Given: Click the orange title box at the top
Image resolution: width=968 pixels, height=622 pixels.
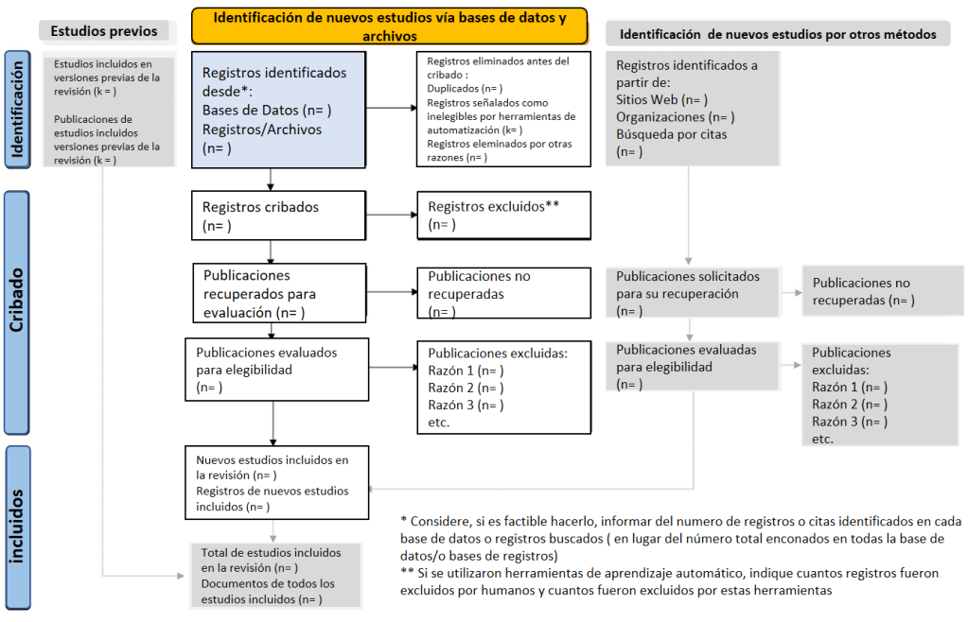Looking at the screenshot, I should [389, 26].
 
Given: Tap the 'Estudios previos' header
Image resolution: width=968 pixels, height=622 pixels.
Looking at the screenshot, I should [104, 30].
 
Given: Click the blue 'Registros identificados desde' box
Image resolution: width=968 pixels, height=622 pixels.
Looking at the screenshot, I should [277, 109].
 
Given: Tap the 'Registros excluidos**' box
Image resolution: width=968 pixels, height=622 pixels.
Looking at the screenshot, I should [503, 215].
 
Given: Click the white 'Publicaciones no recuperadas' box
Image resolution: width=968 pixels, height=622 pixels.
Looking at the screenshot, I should [503, 293].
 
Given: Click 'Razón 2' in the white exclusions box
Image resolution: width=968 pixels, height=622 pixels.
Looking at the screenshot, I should [466, 388].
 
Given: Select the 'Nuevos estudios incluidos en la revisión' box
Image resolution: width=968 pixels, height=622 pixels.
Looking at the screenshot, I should [277, 483].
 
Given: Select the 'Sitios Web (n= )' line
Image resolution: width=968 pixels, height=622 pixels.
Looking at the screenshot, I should [662, 99].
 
